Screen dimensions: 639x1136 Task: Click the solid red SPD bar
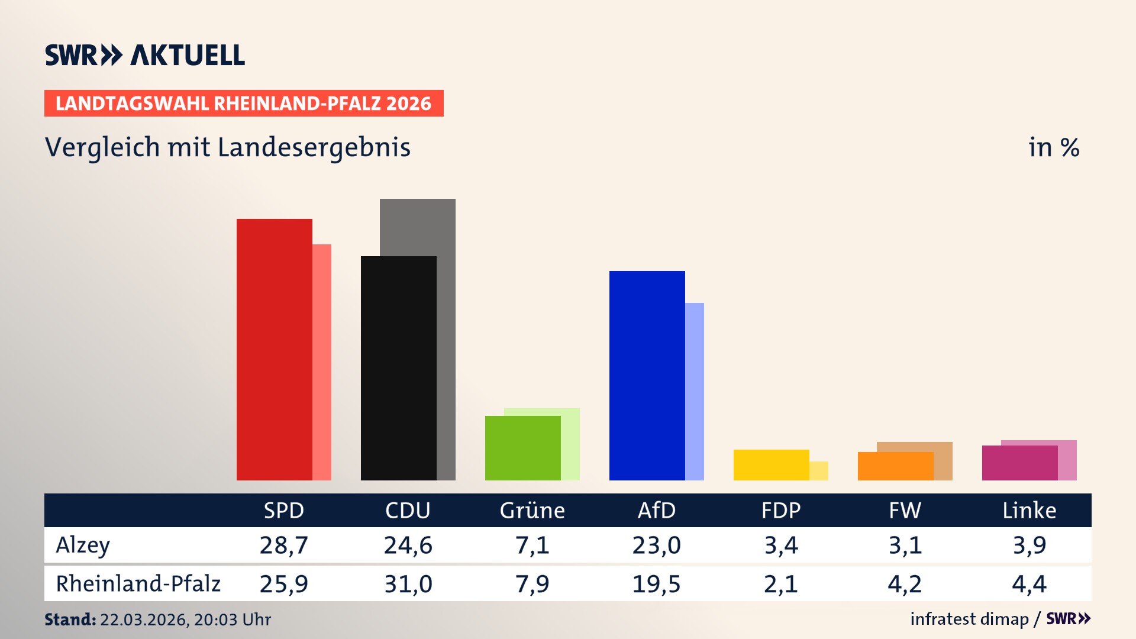274,349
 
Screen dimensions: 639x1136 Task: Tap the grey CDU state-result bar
446,296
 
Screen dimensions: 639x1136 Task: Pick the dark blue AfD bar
647,375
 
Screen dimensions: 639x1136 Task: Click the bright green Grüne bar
522,448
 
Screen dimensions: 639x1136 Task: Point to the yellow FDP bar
771,464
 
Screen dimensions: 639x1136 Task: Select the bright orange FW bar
895,466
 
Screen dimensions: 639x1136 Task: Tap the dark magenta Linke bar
1019,463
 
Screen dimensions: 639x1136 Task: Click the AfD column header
656,510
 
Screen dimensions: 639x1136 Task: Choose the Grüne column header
532,510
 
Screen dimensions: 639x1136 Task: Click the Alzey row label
83,545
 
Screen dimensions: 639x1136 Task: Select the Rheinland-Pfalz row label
138,584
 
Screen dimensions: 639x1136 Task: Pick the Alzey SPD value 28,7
283,545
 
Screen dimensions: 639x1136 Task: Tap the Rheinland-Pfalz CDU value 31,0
408,584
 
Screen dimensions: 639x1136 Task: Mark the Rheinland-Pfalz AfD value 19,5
656,584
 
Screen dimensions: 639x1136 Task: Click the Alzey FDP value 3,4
780,545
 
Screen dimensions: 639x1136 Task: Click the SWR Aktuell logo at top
145,55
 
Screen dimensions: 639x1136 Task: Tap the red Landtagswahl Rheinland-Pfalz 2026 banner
244,103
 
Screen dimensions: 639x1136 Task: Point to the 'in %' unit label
1053,147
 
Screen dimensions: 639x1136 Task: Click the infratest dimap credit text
969,619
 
